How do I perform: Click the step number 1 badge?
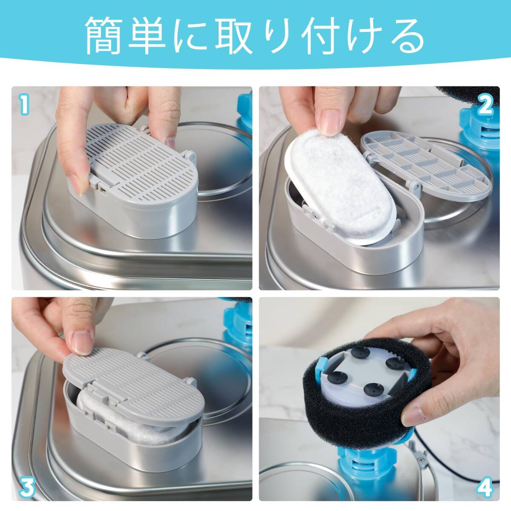(24, 106)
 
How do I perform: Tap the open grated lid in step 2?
(424, 164)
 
